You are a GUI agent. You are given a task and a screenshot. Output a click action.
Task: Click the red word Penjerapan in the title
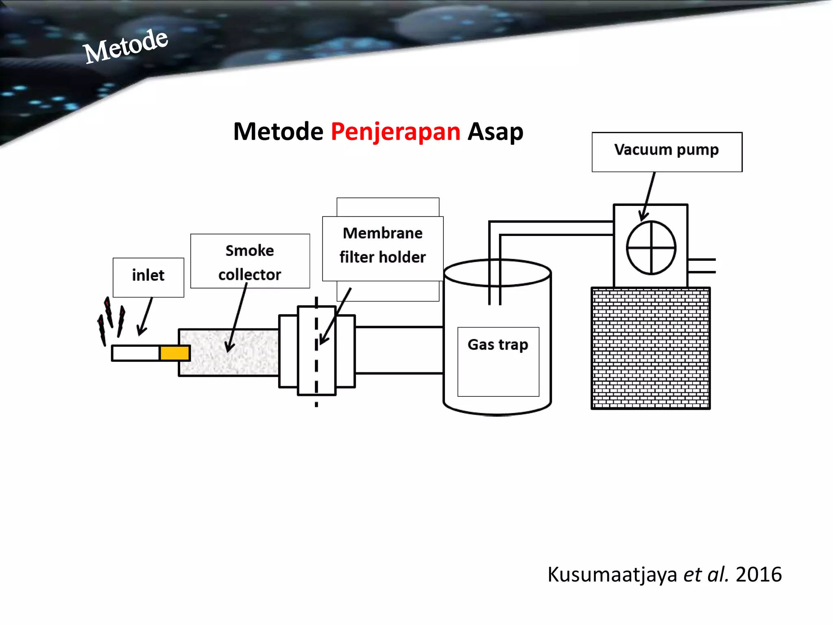pyautogui.click(x=395, y=132)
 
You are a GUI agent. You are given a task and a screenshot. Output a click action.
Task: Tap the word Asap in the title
pyautogui.click(x=495, y=132)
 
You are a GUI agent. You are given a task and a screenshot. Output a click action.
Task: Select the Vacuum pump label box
pyautogui.click(x=667, y=152)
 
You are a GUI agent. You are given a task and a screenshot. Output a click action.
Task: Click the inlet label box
pyautogui.click(x=148, y=277)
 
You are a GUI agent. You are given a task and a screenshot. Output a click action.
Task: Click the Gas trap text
pyautogui.click(x=498, y=345)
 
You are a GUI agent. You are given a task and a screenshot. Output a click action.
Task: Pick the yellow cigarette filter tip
pyautogui.click(x=174, y=353)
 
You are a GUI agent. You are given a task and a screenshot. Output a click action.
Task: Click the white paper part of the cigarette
pyautogui.click(x=135, y=353)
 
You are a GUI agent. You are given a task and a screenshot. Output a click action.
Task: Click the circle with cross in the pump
pyautogui.click(x=651, y=248)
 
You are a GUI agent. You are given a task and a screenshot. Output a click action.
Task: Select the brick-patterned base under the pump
pyautogui.click(x=650, y=348)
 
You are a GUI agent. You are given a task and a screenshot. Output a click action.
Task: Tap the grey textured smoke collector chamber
pyautogui.click(x=229, y=352)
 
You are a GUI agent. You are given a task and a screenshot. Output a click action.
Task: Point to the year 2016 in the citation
pyautogui.click(x=759, y=575)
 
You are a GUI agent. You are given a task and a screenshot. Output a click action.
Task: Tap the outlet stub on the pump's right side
pyautogui.click(x=702, y=266)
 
